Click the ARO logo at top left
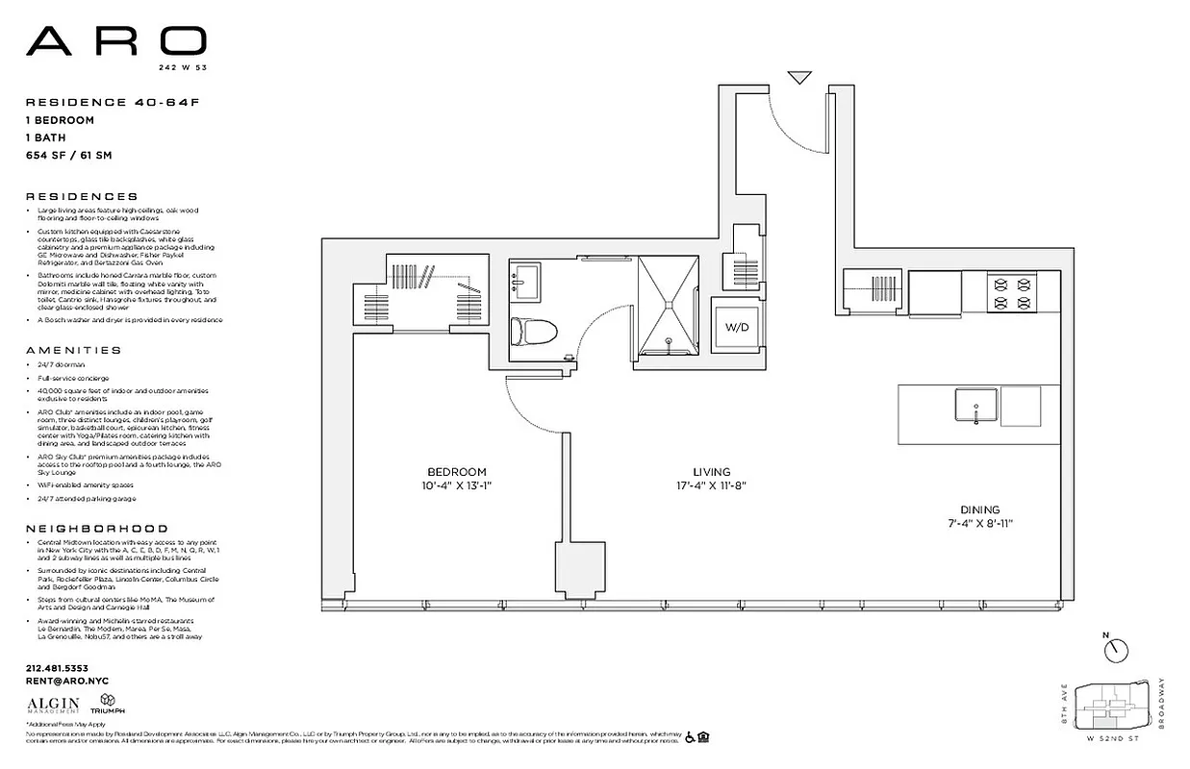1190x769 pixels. coord(115,40)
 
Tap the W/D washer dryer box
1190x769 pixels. coord(738,328)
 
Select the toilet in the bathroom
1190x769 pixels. coord(534,333)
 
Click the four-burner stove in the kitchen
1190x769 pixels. coord(1012,293)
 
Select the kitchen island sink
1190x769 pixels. coord(975,405)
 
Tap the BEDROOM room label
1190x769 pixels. coord(457,472)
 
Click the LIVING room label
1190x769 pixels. coord(711,472)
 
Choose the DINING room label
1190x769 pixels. coord(979,509)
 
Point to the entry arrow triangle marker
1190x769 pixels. coord(799,77)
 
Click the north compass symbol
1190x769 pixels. coord(1116,651)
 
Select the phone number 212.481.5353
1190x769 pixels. coord(57,668)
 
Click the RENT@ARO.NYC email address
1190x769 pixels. coord(62,681)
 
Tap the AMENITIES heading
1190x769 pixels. coord(74,351)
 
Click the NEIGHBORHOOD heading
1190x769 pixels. coord(96,529)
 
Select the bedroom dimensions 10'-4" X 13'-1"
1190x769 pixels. coord(457,485)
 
